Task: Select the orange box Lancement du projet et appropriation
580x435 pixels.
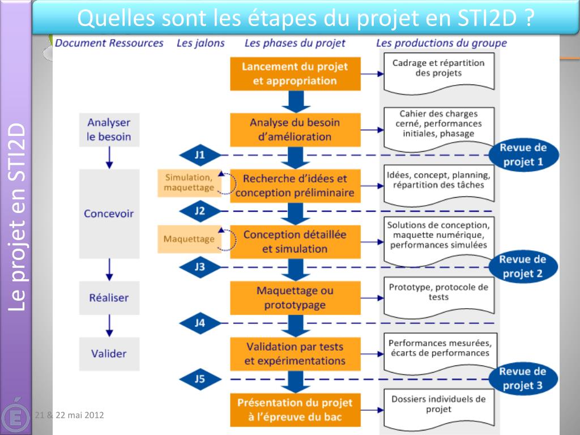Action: [x=295, y=74]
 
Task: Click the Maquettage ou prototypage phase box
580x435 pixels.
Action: [x=295, y=298]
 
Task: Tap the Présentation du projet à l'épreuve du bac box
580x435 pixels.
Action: [x=295, y=411]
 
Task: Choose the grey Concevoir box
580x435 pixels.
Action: [x=109, y=214]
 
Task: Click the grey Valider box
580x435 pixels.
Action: [x=109, y=353]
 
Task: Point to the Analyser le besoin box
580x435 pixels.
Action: [x=109, y=130]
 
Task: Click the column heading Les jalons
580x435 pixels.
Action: [x=201, y=43]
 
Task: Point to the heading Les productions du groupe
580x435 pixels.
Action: [x=441, y=43]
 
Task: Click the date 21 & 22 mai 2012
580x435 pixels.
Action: [x=69, y=415]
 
